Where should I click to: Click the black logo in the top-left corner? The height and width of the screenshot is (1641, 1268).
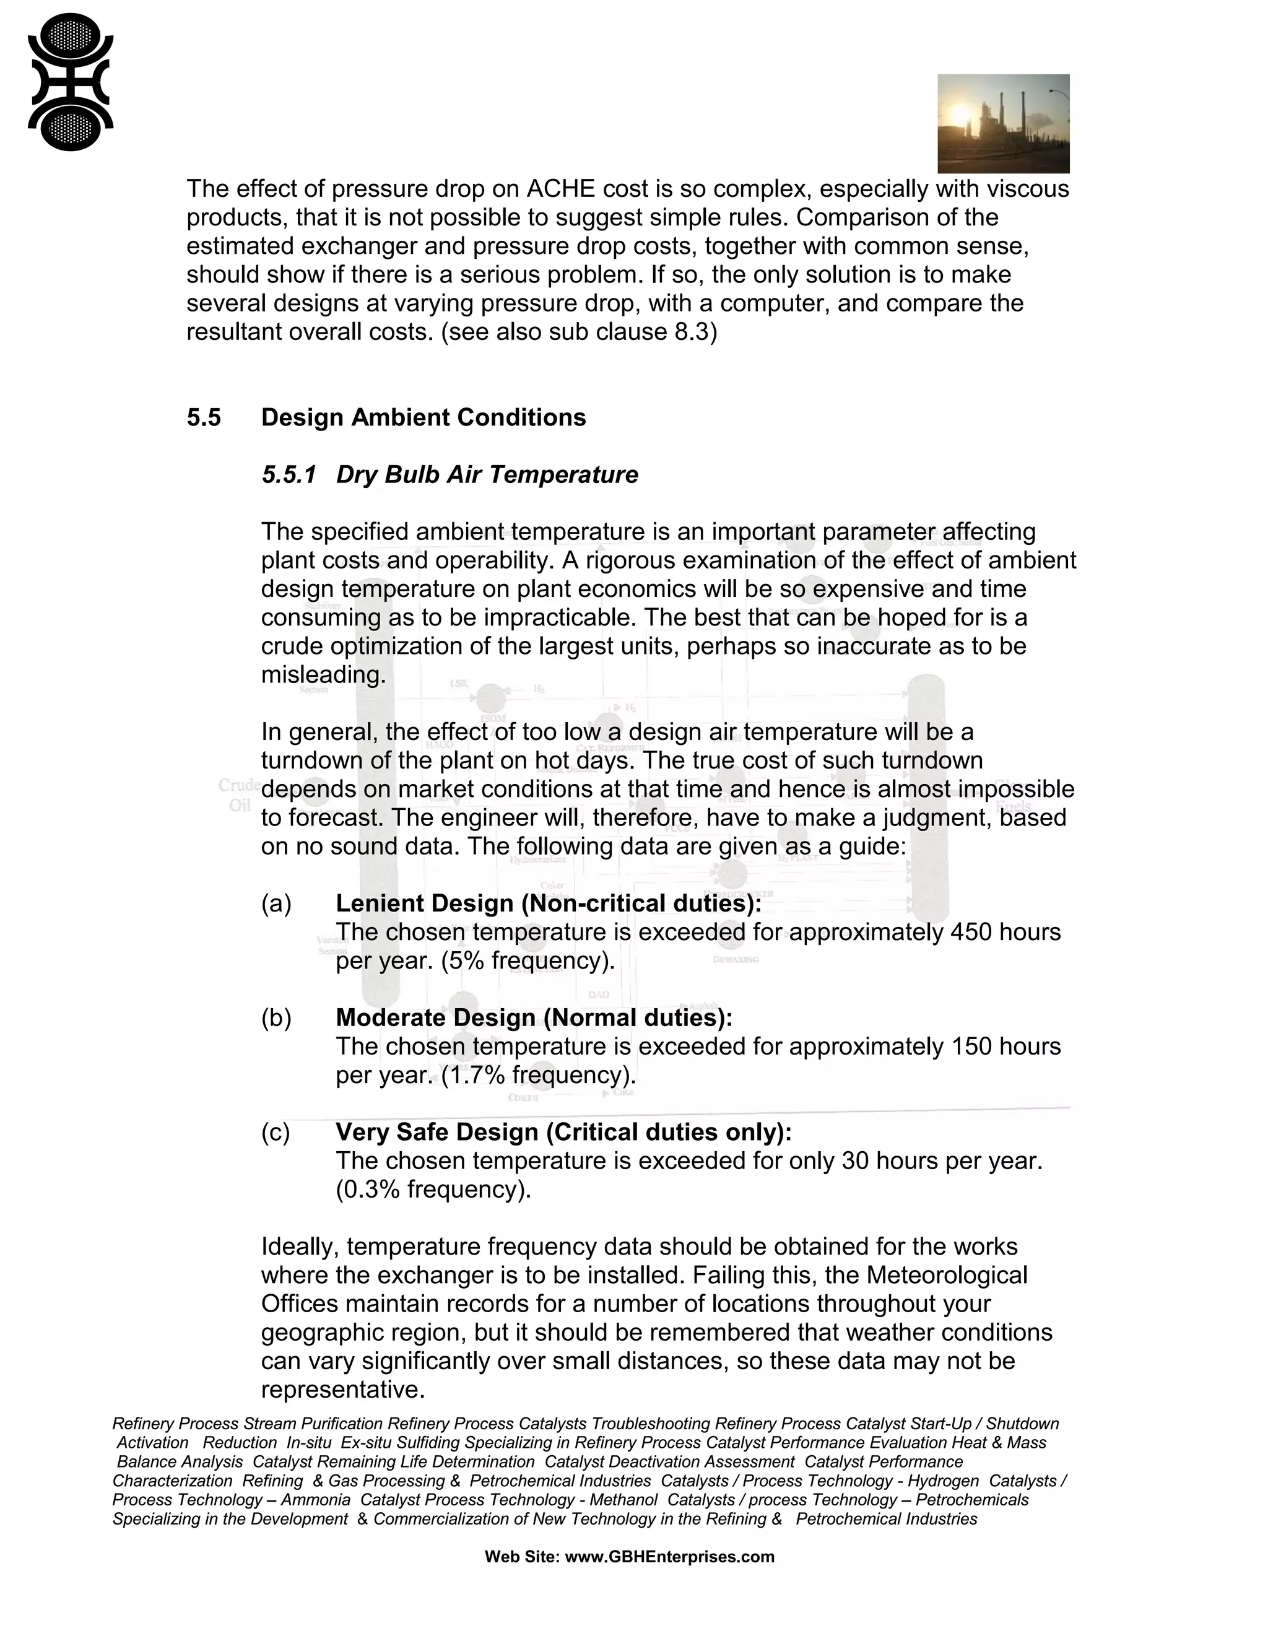pos(71,81)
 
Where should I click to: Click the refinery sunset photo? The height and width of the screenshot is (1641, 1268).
pos(1003,123)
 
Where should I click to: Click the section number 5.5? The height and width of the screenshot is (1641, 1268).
pos(204,418)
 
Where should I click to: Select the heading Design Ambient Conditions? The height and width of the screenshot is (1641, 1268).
pos(423,418)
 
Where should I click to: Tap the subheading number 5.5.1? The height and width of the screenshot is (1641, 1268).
pos(289,475)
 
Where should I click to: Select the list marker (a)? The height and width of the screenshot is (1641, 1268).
pos(276,903)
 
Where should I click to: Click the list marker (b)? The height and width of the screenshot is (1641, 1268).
pos(276,1017)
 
